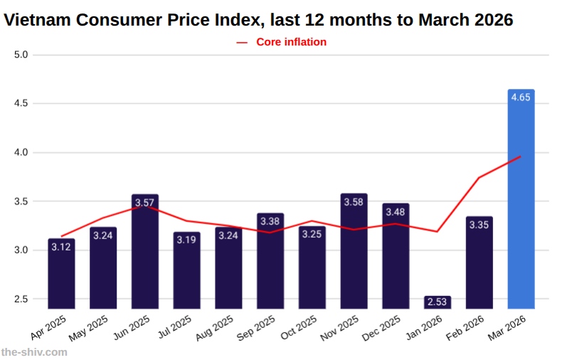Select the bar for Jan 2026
[438, 302]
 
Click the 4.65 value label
[521, 98]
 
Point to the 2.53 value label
[438, 302]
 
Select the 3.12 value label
[61, 247]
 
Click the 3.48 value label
[396, 212]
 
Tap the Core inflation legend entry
[282, 42]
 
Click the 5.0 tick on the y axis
[21, 55]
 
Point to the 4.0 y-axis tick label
[21, 152]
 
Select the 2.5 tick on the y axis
[21, 299]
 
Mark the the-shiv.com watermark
[34, 351]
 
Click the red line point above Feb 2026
[479, 177]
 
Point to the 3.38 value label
[270, 222]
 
